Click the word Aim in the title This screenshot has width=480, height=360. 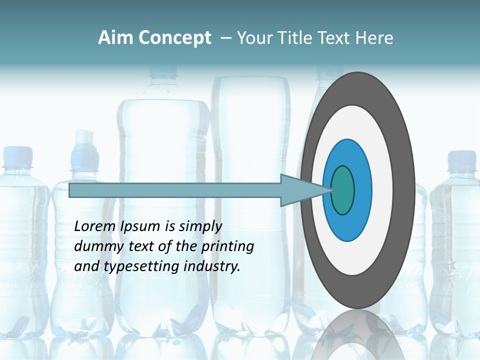tap(115, 38)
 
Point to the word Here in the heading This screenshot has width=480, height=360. tap(374, 38)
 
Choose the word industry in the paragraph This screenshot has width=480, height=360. tap(212, 266)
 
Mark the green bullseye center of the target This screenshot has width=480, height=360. tap(343, 190)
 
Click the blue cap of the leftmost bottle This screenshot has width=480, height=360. tap(17, 155)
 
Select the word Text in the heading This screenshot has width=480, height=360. tap(337, 38)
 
